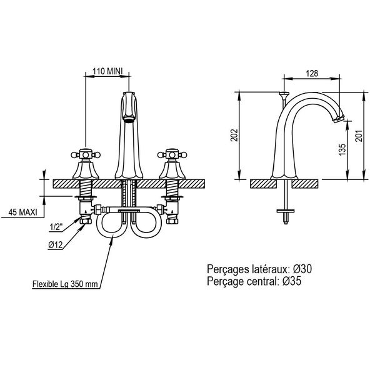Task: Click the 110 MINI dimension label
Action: pos(107,71)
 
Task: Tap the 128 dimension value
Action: pos(312,73)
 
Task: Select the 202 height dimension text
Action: pos(236,136)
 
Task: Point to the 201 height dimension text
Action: pos(359,136)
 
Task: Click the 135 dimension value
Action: pos(342,149)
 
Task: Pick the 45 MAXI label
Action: pos(22,212)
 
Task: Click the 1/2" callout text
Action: pos(56,227)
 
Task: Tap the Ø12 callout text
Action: pos(55,244)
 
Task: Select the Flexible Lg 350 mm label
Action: pos(65,284)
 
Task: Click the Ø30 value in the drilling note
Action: pos(302,269)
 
